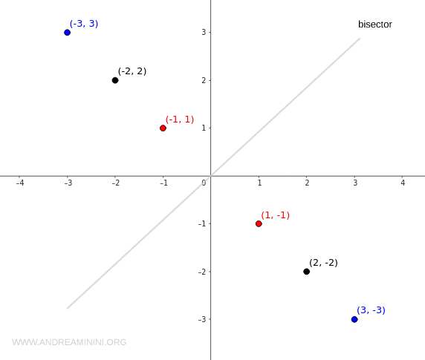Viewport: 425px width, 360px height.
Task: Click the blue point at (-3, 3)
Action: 67,32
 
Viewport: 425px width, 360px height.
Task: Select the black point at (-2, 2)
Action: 115,80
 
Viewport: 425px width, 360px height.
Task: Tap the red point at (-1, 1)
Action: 163,128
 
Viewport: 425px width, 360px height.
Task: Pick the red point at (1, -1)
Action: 259,223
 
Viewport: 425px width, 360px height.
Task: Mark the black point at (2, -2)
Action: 306,272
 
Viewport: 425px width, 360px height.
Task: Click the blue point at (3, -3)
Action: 354,319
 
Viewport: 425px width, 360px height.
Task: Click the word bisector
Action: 374,24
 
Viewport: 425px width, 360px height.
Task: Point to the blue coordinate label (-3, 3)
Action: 84,24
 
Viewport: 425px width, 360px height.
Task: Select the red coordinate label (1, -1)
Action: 275,215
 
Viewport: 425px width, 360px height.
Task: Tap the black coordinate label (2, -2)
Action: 323,263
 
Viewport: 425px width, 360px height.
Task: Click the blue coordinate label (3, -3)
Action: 371,310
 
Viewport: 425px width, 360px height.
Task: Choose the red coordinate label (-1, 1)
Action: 180,120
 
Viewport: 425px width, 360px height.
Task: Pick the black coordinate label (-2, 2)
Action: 132,71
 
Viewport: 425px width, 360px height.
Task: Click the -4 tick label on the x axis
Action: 20,183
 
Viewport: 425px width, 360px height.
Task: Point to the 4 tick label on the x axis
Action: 403,183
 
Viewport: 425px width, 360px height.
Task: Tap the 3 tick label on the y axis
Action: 204,33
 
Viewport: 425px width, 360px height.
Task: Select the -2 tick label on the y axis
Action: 202,272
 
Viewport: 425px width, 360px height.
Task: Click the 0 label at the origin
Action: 204,183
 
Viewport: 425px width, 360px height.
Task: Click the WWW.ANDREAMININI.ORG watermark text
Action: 69,342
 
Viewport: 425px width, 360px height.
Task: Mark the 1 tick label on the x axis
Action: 259,183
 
